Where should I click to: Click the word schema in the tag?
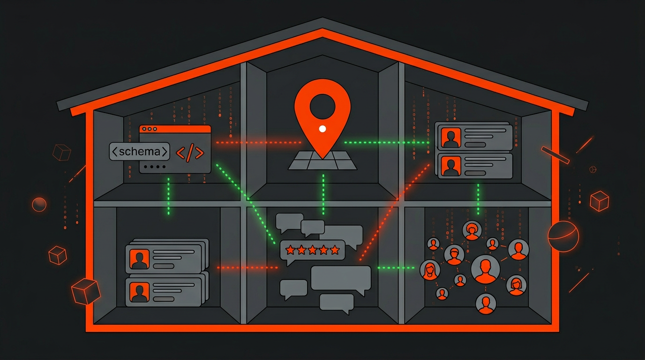(139, 152)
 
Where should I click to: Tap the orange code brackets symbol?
(189, 153)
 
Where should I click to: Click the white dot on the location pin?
(322, 128)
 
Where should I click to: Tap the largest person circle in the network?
(485, 269)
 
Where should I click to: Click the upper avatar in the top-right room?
(451, 137)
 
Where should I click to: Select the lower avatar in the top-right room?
(451, 165)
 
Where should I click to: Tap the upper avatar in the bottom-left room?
(139, 259)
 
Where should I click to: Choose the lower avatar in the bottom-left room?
(139, 292)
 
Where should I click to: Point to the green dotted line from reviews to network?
(396, 268)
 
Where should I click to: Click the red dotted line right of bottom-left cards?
(247, 268)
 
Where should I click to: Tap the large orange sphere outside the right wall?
(563, 236)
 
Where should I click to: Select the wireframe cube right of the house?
(599, 201)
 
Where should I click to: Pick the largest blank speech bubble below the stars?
(341, 278)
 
